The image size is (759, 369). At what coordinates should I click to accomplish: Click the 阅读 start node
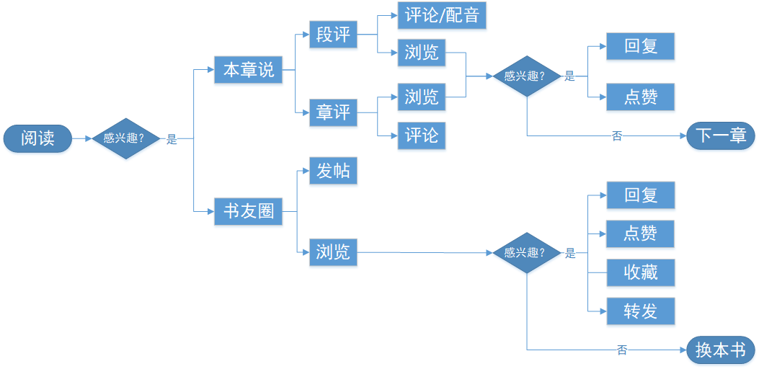pos(37,138)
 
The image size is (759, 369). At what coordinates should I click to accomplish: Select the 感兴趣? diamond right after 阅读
pos(124,138)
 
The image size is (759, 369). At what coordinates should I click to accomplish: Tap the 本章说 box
pos(249,70)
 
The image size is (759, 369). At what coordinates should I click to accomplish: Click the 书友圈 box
pos(249,212)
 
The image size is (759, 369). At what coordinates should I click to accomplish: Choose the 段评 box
pos(333,34)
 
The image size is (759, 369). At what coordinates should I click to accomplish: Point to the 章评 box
pos(333,112)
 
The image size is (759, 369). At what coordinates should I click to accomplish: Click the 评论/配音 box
pos(442,15)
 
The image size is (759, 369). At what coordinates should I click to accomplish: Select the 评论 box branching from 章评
pos(422,135)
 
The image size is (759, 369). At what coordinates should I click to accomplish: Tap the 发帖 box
pos(333,171)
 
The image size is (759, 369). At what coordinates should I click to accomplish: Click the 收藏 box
pos(641,272)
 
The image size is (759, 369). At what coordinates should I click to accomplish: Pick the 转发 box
pos(641,311)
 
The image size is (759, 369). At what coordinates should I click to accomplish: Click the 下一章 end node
pos(720,135)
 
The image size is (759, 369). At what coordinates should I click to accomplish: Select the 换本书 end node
pos(720,350)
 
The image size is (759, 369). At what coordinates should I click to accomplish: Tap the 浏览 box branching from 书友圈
pos(333,252)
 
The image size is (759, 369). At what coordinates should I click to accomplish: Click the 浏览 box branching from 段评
pos(422,53)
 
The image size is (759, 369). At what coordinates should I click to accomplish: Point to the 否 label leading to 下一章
pos(616,136)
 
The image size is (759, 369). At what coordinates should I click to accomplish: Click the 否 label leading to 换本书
pos(621,350)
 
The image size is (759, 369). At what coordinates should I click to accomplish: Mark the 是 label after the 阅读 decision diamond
pos(172,140)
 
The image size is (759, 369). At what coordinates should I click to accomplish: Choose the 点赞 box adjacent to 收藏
pos(641,234)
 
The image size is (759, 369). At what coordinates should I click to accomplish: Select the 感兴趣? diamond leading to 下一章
pos(526,76)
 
